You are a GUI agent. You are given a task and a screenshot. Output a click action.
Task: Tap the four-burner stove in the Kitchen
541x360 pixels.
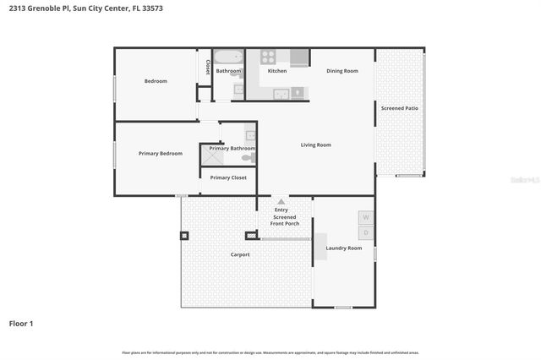[x=268, y=58]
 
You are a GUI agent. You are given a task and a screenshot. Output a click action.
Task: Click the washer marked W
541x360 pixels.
[x=366, y=217]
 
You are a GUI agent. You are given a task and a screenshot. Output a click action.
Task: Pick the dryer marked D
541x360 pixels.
[x=366, y=232]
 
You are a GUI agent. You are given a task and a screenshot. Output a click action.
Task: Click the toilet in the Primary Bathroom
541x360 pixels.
[x=248, y=158]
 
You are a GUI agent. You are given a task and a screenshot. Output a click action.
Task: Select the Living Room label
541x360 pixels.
[x=315, y=145]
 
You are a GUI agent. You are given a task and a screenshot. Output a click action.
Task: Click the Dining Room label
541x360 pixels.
[x=342, y=71]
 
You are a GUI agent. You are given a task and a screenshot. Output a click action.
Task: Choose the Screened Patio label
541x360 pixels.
[x=399, y=108]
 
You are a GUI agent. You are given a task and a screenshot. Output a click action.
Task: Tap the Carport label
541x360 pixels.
[x=240, y=254]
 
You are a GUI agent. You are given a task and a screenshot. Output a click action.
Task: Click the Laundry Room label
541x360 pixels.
[x=344, y=248]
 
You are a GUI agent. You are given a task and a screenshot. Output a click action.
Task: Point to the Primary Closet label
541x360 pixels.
[x=228, y=177]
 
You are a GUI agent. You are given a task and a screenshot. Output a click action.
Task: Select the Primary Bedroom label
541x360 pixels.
[x=161, y=153]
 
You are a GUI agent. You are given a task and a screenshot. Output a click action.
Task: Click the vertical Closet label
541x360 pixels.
[x=208, y=67]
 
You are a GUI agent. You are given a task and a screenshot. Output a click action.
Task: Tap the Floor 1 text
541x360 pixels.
[x=21, y=323]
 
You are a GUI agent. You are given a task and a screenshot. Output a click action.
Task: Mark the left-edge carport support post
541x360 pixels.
[x=183, y=235]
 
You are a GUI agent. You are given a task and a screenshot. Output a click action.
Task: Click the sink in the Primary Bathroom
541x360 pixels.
[x=250, y=135]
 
